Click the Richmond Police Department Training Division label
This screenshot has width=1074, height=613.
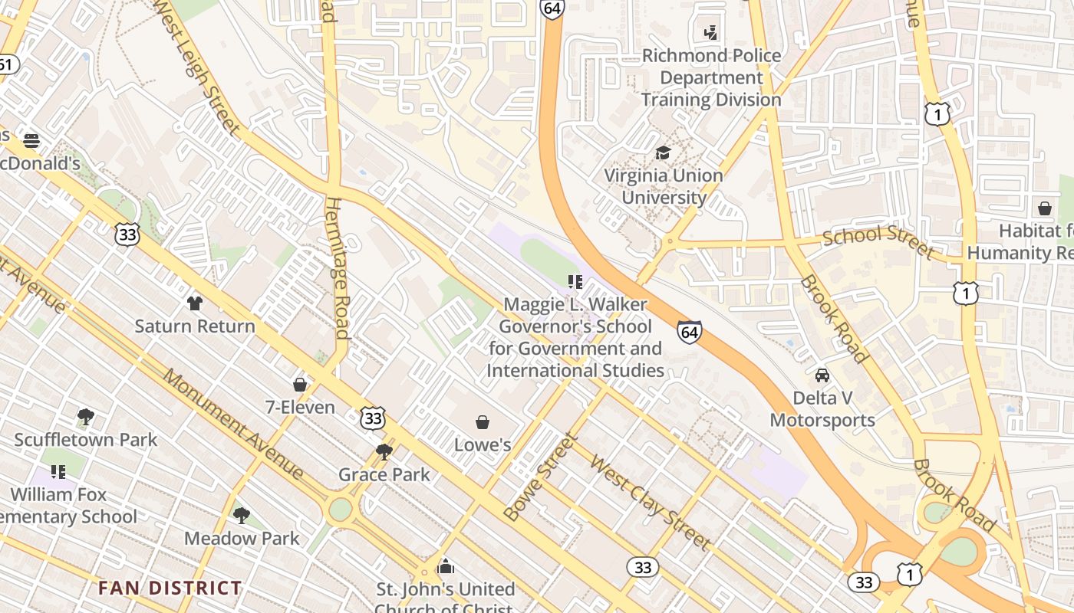click(x=711, y=77)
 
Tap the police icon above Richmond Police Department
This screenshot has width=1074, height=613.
click(x=711, y=33)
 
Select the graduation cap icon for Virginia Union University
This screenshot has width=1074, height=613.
click(x=663, y=153)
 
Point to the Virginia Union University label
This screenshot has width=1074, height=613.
click(x=664, y=186)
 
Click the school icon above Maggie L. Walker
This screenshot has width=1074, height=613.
click(x=575, y=282)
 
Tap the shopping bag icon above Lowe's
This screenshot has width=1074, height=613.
click(x=483, y=422)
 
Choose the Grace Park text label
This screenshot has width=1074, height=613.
click(x=384, y=474)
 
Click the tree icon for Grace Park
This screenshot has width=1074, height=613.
click(x=384, y=452)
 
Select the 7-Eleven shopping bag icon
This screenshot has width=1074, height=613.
click(x=300, y=385)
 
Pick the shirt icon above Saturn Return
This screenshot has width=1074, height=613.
click(x=195, y=303)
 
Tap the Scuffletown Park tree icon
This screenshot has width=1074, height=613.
click(x=86, y=418)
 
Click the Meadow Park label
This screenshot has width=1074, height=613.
click(x=242, y=538)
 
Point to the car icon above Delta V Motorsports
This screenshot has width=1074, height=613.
click(x=822, y=375)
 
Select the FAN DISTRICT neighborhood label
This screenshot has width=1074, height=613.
click(x=170, y=588)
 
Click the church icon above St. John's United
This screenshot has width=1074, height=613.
click(x=445, y=567)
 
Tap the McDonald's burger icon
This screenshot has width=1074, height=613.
click(x=31, y=141)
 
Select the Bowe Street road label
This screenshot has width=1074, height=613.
click(x=540, y=477)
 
